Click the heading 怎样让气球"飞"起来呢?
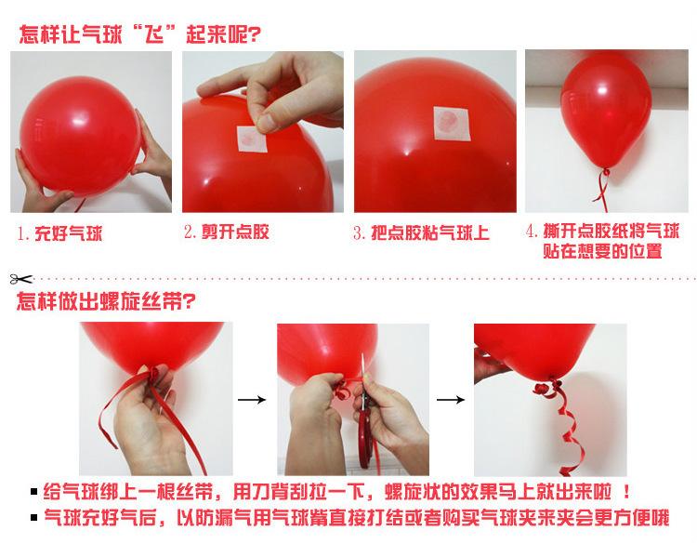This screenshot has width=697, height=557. point(139,34)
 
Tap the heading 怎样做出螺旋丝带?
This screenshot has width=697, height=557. point(106,301)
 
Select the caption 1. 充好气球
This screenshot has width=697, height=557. point(60,233)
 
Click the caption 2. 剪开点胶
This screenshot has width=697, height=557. point(227,232)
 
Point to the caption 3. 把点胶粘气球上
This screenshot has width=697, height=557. point(421,232)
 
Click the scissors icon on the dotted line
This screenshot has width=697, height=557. point(20,279)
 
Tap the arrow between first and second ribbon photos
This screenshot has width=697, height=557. point(252,400)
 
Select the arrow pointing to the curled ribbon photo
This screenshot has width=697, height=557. point(451,400)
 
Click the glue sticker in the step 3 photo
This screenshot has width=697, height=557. point(452,124)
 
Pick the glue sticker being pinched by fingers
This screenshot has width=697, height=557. point(252,139)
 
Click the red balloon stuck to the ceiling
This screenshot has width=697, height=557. point(605,112)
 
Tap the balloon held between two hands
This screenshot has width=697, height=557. point(81,136)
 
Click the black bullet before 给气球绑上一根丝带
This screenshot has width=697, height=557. point(34,492)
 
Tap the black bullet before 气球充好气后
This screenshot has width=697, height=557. point(34,517)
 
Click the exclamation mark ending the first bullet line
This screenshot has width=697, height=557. point(626,492)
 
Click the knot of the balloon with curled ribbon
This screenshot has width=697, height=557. point(553,381)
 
